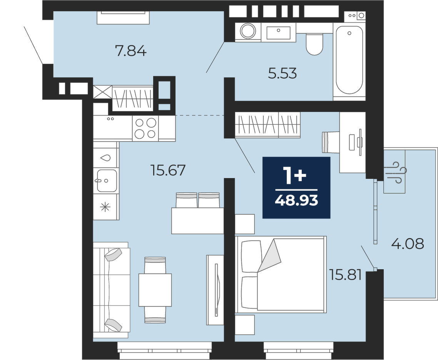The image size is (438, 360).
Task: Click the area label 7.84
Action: (x=131, y=52)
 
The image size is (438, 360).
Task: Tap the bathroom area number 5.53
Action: (x=282, y=74)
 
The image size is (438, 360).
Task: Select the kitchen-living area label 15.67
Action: (x=168, y=170)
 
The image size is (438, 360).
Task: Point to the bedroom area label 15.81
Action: (x=346, y=275)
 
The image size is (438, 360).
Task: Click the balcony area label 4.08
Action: (x=408, y=243)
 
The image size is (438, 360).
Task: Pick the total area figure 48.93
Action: (x=296, y=200)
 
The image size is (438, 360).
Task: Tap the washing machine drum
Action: (x=248, y=31)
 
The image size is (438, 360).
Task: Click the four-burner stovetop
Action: (x=145, y=128)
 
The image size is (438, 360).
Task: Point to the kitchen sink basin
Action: (x=107, y=180)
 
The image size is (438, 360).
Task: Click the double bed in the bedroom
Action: (x=281, y=275)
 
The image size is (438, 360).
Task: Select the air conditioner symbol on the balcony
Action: (x=395, y=172)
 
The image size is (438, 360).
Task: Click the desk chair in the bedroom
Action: (x=331, y=142)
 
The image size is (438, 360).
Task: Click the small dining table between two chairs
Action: (x=155, y=290)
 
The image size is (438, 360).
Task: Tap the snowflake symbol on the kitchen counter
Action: (x=105, y=207)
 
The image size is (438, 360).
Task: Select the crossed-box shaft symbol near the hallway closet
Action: (x=102, y=92)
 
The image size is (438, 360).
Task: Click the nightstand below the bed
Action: (x=245, y=325)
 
